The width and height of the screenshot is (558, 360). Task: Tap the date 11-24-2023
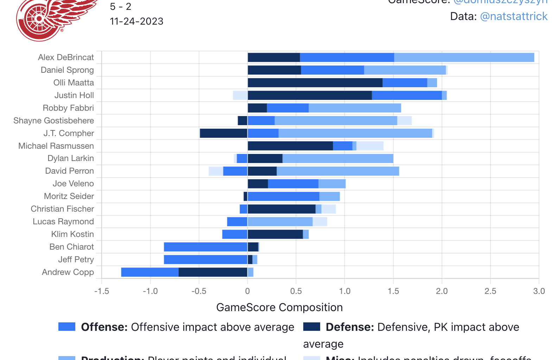(137, 21)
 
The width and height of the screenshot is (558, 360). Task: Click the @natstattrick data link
(514, 17)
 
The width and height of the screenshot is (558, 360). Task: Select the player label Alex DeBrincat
(66, 57)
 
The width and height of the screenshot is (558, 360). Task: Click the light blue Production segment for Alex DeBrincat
(464, 57)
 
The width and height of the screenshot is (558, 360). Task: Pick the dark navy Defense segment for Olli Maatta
(315, 83)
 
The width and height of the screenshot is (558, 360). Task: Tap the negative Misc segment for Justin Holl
(240, 95)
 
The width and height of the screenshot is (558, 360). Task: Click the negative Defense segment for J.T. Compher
(223, 133)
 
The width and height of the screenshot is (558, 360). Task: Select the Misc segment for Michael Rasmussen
(370, 146)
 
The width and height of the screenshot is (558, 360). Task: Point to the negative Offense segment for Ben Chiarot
(205, 247)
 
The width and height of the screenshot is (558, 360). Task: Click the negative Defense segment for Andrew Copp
(213, 272)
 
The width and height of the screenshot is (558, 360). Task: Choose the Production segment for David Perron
(338, 171)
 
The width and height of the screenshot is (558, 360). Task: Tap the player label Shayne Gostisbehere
(53, 121)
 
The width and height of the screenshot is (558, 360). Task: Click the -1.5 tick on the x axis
(102, 291)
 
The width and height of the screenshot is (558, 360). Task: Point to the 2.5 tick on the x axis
(490, 291)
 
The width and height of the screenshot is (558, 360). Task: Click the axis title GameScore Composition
(279, 307)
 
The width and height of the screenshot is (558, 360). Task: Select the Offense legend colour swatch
(67, 327)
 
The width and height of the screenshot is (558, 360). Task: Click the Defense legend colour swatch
(312, 327)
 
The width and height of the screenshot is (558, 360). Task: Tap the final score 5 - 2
(120, 7)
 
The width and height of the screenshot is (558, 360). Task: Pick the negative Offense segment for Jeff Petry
(205, 259)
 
